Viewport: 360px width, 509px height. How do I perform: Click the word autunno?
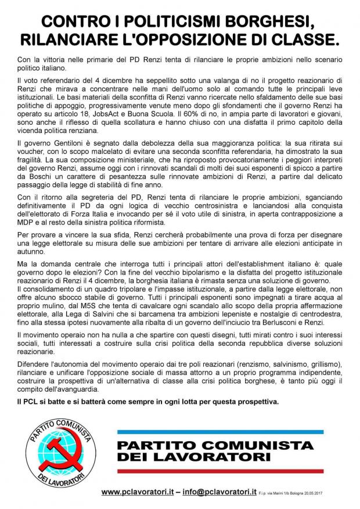(x=33, y=254)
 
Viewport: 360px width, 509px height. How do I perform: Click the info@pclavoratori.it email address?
(x=219, y=492)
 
